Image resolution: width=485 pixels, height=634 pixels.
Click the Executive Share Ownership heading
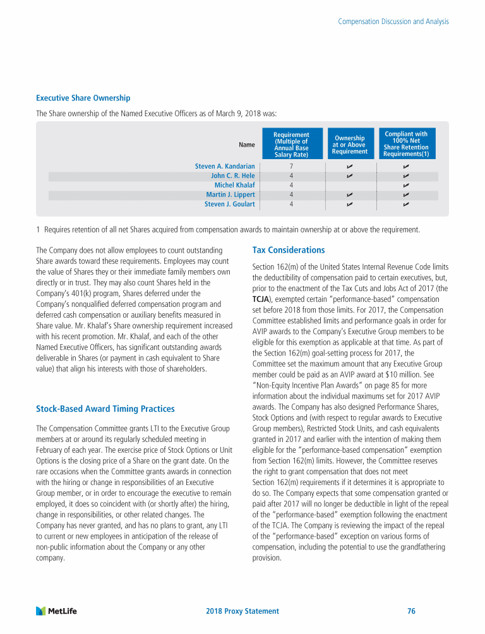(x=83, y=98)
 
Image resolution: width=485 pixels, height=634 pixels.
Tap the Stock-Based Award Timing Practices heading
(x=105, y=409)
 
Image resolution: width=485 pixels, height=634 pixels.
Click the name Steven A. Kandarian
(x=225, y=166)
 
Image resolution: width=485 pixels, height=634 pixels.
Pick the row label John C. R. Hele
(x=232, y=176)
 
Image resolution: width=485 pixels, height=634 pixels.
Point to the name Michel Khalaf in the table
(x=234, y=185)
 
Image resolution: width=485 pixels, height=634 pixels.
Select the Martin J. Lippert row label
(x=231, y=194)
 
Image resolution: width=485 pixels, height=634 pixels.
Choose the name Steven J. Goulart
(x=229, y=204)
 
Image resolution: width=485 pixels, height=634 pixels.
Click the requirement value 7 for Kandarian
(x=291, y=166)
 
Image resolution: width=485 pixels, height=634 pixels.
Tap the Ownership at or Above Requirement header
(x=350, y=145)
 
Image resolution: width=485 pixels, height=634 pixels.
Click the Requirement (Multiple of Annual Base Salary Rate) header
(x=291, y=145)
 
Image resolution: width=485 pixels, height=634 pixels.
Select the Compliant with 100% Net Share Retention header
(x=406, y=144)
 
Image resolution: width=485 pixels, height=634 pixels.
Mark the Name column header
(x=247, y=145)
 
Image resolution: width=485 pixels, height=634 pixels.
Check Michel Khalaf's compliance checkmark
(x=406, y=185)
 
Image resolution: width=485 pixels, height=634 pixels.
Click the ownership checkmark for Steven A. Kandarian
(x=349, y=166)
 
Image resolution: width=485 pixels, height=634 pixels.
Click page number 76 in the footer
(x=411, y=611)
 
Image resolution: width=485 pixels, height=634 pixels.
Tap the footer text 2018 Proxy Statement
(x=242, y=611)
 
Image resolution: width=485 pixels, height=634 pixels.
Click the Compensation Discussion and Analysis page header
(x=393, y=21)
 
